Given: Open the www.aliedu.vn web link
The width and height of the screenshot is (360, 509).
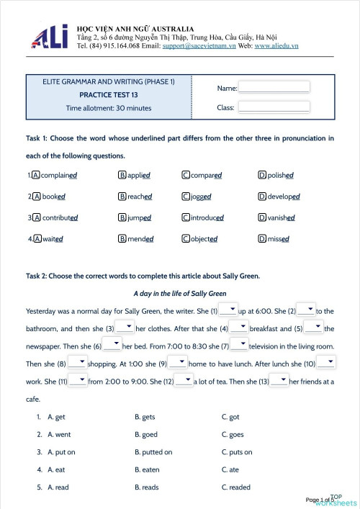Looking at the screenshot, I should tap(276, 46).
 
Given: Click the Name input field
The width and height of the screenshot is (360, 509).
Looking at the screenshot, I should tap(274, 87).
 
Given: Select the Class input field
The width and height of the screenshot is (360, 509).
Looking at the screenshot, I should tap(274, 107).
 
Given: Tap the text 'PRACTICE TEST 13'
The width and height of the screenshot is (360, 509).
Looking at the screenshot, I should tap(109, 95).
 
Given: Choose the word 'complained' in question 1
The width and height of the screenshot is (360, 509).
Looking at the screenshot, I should tap(59, 175).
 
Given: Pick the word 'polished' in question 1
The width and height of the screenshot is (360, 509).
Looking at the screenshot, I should tap(280, 175).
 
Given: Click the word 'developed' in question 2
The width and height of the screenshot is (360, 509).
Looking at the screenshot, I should tap(283, 196).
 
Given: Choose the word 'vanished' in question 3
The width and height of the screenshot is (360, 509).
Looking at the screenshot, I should tap(281, 217).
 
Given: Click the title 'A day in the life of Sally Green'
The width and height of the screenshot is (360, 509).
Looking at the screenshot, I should tap(180, 294).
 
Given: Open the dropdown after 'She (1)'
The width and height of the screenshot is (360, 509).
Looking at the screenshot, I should tap(228, 310).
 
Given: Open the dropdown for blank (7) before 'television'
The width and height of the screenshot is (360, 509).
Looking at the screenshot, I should tap(239, 345).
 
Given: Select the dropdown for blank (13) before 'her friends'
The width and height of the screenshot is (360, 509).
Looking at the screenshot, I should tap(279, 380).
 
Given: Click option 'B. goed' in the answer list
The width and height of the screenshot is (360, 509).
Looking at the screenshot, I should tap(146, 434).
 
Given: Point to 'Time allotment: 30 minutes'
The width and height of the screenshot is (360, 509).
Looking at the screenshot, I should tap(109, 108).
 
